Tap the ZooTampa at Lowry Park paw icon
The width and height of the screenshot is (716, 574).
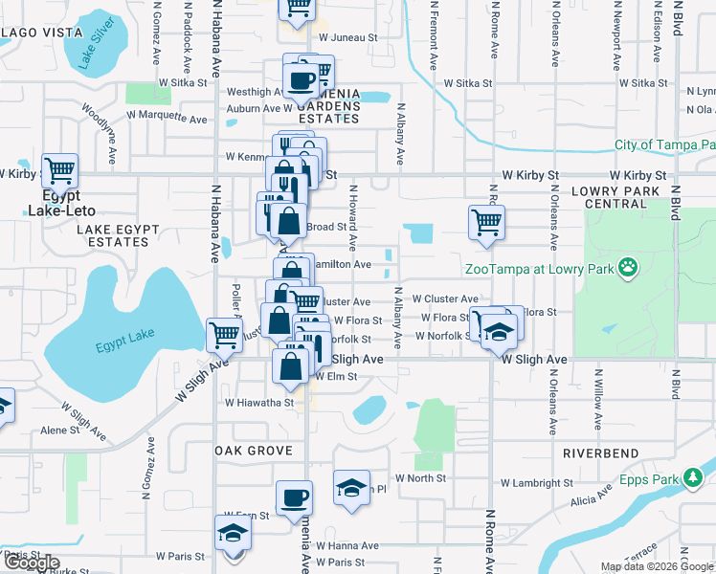point(628,267)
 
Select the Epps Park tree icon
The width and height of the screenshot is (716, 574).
point(693,476)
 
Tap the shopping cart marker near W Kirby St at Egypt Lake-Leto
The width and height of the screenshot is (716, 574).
point(59,172)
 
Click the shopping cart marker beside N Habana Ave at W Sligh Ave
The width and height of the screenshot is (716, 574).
point(224,336)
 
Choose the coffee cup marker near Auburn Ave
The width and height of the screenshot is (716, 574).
point(302,79)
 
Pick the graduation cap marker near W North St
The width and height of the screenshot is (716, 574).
point(351,488)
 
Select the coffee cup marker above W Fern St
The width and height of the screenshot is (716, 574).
point(294,497)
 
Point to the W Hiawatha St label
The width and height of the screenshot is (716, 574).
point(259,404)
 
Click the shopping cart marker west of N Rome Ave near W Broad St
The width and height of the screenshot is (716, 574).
point(486,223)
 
